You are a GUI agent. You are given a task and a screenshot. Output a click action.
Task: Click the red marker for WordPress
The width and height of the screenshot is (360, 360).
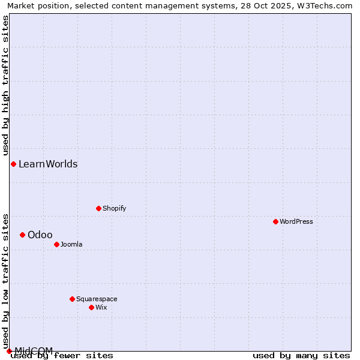(x=275, y=221)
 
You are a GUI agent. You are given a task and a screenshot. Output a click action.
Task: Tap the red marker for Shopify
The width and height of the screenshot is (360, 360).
(x=98, y=208)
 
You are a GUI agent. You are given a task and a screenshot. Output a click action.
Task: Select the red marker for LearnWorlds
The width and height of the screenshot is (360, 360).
(x=13, y=164)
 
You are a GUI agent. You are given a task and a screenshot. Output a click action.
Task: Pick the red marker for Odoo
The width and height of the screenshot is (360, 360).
(x=22, y=235)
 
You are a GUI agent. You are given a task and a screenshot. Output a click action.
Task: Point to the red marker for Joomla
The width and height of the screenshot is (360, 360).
(x=56, y=244)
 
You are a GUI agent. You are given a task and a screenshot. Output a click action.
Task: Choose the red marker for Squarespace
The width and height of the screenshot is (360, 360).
(x=72, y=299)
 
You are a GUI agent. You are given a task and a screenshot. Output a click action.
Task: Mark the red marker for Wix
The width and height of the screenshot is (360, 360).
(x=91, y=307)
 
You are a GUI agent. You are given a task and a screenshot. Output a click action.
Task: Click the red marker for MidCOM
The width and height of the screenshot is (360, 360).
(x=9, y=351)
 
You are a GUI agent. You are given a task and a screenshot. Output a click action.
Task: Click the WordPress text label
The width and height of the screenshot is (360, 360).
(x=296, y=221)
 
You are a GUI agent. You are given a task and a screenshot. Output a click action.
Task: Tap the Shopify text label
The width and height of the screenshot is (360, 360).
(x=114, y=208)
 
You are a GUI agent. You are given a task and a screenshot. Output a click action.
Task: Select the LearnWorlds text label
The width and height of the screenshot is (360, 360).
(x=48, y=164)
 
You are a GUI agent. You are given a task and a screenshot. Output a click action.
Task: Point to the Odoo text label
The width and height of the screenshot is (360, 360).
(x=40, y=235)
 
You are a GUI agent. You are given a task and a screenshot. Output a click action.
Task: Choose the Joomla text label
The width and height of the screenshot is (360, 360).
(x=71, y=244)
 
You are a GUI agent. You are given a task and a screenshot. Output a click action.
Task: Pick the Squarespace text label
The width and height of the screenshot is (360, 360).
(x=97, y=299)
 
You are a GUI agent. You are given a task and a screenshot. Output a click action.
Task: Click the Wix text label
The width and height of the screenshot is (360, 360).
(x=101, y=307)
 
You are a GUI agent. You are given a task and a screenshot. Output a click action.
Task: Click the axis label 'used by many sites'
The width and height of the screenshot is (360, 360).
(x=301, y=355)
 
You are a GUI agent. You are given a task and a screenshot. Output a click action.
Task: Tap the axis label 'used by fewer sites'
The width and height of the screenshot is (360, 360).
(x=62, y=355)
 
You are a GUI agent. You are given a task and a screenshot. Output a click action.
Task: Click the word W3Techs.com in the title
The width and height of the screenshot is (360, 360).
(x=325, y=5)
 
